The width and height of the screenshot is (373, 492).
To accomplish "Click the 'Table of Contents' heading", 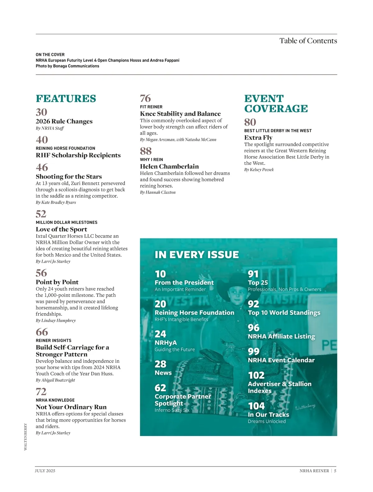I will (x=308, y=41).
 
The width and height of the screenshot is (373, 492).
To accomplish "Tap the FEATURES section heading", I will (x=66, y=99).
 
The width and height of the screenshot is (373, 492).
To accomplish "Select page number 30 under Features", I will (x=42, y=112).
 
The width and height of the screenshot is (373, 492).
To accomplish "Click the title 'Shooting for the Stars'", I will (x=69, y=176).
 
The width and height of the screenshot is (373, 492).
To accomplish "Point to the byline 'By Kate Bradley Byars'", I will (x=56, y=202).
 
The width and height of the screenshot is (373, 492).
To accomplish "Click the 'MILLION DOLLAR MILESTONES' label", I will (x=67, y=222).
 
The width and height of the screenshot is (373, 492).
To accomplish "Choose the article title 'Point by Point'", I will (x=57, y=282).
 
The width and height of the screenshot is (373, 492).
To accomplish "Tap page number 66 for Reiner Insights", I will (x=42, y=332).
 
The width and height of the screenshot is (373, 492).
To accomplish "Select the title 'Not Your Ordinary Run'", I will (x=71, y=407).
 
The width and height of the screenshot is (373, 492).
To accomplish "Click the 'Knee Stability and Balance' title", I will (x=180, y=114).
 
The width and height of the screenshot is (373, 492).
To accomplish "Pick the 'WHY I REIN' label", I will (x=151, y=160).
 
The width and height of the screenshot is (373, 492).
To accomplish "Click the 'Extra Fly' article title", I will (x=258, y=137).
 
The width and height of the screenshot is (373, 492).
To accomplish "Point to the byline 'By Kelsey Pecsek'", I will (x=259, y=170).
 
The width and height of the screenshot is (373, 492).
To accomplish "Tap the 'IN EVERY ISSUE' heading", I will (x=197, y=255).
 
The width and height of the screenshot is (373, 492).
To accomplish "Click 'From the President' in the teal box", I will (x=184, y=282).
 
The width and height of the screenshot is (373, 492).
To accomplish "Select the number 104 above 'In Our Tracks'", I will (x=256, y=406).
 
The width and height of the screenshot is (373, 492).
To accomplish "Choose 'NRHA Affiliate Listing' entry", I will (x=281, y=336).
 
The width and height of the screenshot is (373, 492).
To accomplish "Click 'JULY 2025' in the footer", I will (x=45, y=471).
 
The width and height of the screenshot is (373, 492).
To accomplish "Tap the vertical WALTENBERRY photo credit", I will (x=25, y=436).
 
